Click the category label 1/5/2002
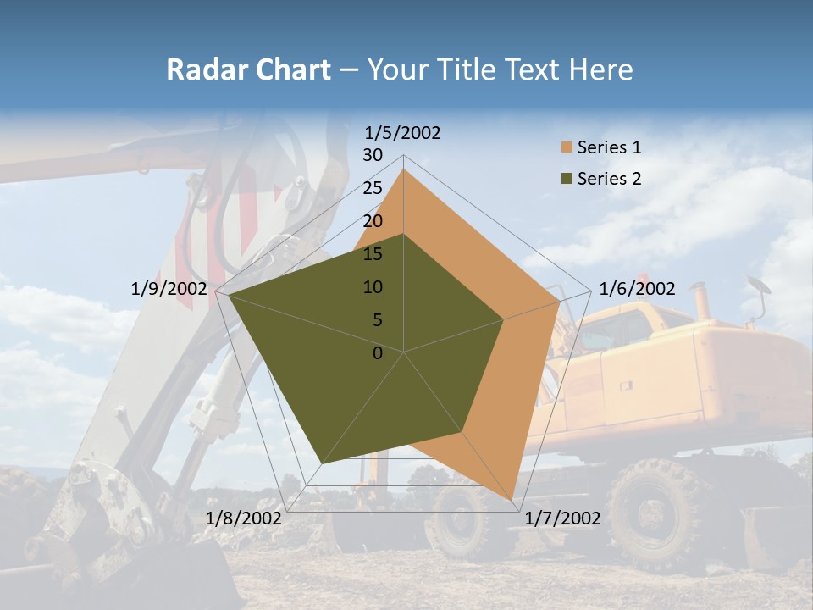(x=403, y=133)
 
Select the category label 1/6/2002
(x=637, y=289)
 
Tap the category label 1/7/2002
(x=563, y=518)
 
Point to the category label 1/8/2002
(x=244, y=518)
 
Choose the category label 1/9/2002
(x=169, y=289)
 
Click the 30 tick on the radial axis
(x=373, y=155)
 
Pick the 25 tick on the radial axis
(x=373, y=188)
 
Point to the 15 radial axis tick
(x=373, y=254)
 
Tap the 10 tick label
(x=373, y=287)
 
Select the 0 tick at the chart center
(x=378, y=353)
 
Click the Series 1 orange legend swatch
(x=567, y=147)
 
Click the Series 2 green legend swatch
(x=567, y=178)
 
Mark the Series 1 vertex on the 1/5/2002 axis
(x=403, y=169)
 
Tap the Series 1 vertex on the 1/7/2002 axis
(x=512, y=500)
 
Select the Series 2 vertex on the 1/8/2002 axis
(x=322, y=463)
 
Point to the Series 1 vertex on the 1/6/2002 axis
(x=560, y=301)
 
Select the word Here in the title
(x=601, y=69)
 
